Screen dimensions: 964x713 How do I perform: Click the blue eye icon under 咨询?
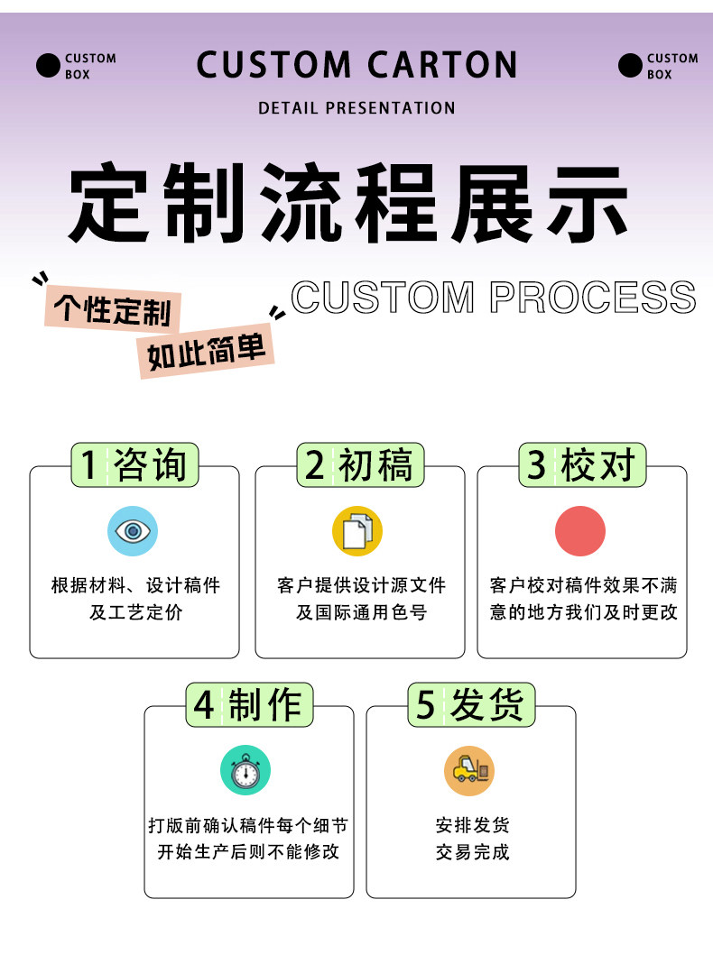pyautogui.click(x=133, y=531)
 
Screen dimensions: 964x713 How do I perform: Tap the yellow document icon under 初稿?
pyautogui.click(x=357, y=531)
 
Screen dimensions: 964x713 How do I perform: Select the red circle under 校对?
pyautogui.click(x=580, y=531)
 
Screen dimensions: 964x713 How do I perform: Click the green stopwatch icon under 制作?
pyautogui.click(x=245, y=771)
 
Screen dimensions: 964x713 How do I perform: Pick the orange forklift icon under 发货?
pyautogui.click(x=469, y=771)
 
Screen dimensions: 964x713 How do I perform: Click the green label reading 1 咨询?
pyautogui.click(x=134, y=465)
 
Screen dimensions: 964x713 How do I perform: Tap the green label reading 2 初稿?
pyautogui.click(x=359, y=465)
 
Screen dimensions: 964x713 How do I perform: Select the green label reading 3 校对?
pyautogui.click(x=582, y=465)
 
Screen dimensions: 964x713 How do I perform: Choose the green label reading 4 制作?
pyautogui.click(x=249, y=704)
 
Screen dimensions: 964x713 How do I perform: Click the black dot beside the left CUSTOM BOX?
pyautogui.click(x=48, y=66)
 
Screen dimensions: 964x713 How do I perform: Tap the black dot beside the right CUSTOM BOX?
pyautogui.click(x=630, y=66)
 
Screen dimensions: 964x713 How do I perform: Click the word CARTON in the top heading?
pyautogui.click(x=442, y=66)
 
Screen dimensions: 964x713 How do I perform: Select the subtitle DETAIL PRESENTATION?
pyautogui.click(x=356, y=108)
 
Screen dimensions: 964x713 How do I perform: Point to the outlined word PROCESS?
pyautogui.click(x=592, y=298)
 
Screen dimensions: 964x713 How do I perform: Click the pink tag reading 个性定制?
pyautogui.click(x=113, y=310)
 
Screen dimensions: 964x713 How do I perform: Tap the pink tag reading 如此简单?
pyautogui.click(x=207, y=354)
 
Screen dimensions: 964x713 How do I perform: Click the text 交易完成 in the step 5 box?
pyautogui.click(x=472, y=852)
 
